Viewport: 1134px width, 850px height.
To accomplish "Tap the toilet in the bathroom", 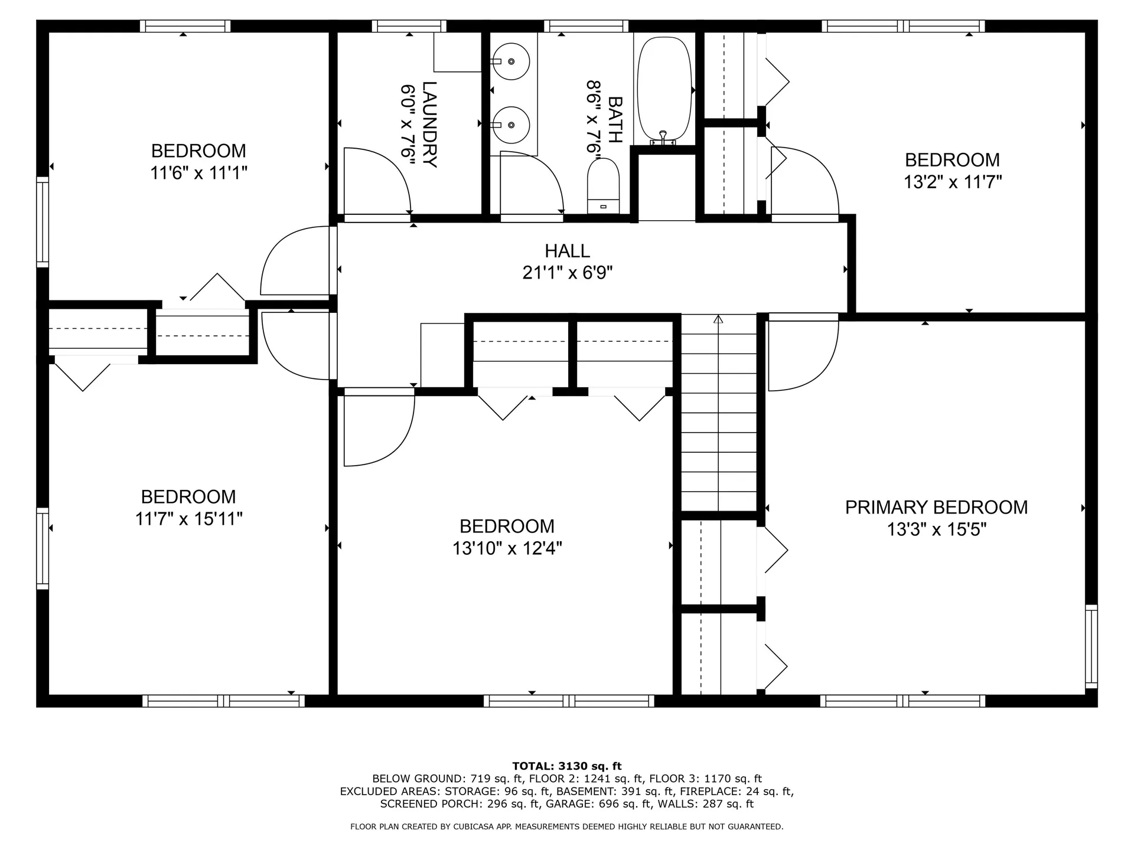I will coord(603,186).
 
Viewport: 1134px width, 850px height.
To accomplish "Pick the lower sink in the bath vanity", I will coord(511,125).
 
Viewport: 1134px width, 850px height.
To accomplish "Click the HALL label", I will coord(567,251).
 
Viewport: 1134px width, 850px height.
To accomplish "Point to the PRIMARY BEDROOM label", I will coord(936,507).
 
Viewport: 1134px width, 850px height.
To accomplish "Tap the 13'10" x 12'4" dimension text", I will coord(507,548).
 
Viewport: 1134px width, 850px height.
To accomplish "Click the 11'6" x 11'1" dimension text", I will coord(198,173).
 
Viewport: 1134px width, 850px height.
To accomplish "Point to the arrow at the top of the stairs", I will coord(718,319).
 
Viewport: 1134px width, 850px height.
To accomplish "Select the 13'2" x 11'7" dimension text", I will coord(953,182).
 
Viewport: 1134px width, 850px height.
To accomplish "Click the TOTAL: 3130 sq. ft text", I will coord(566,766).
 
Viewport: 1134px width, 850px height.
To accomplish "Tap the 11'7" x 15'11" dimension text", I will coord(189,519).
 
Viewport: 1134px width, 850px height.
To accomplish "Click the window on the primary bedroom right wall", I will coord(1091,646).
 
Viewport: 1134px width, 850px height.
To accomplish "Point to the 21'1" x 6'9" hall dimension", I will coord(567,273).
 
